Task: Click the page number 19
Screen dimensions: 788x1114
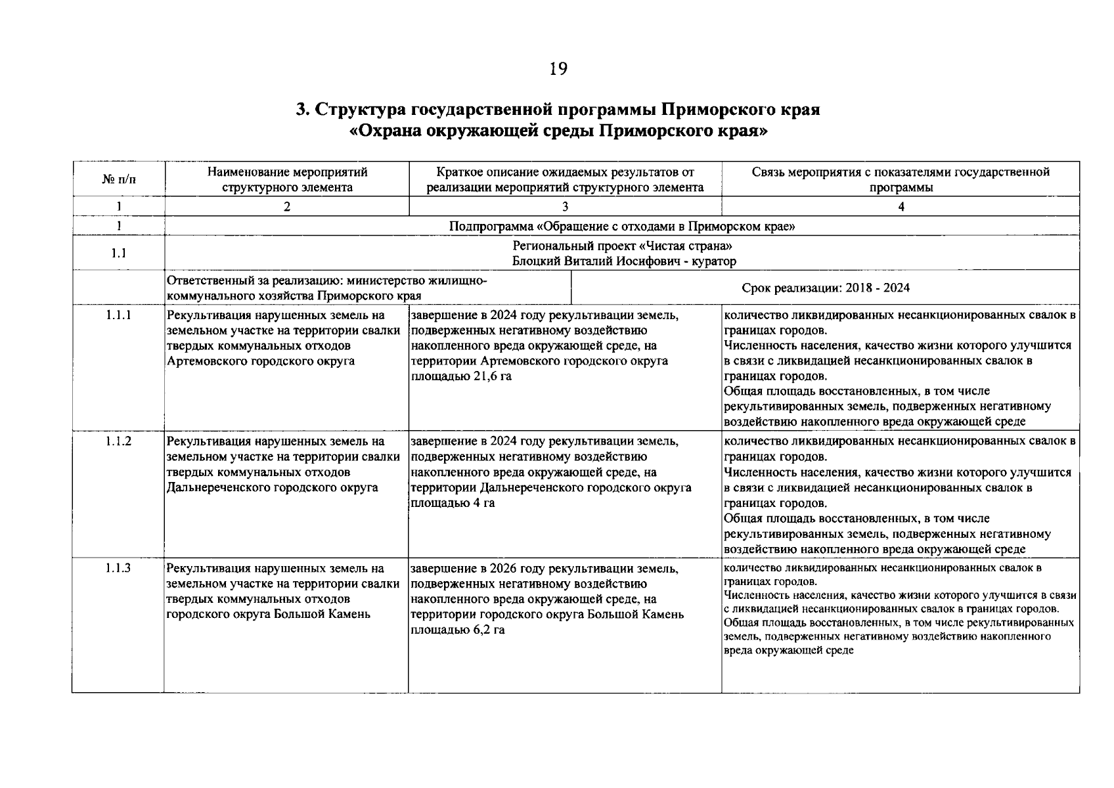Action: click(558, 69)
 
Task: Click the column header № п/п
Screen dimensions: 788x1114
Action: click(118, 179)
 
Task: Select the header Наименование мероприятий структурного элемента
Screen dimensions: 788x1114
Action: click(286, 179)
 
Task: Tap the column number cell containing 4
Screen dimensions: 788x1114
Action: click(901, 206)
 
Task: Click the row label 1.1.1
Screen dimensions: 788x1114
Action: click(118, 315)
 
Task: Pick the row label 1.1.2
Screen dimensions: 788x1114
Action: click(118, 441)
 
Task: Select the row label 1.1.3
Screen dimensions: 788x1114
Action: click(118, 568)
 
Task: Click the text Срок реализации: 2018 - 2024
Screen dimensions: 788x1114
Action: click(826, 288)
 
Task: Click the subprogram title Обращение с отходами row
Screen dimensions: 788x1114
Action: click(621, 227)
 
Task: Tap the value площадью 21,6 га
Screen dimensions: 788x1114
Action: click(460, 376)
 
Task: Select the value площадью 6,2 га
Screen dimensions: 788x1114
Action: click(457, 630)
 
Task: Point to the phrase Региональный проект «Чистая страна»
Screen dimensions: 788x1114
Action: click(621, 246)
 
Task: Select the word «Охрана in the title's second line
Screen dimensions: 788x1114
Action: click(386, 131)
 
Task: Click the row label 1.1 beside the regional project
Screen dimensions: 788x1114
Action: click(118, 253)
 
